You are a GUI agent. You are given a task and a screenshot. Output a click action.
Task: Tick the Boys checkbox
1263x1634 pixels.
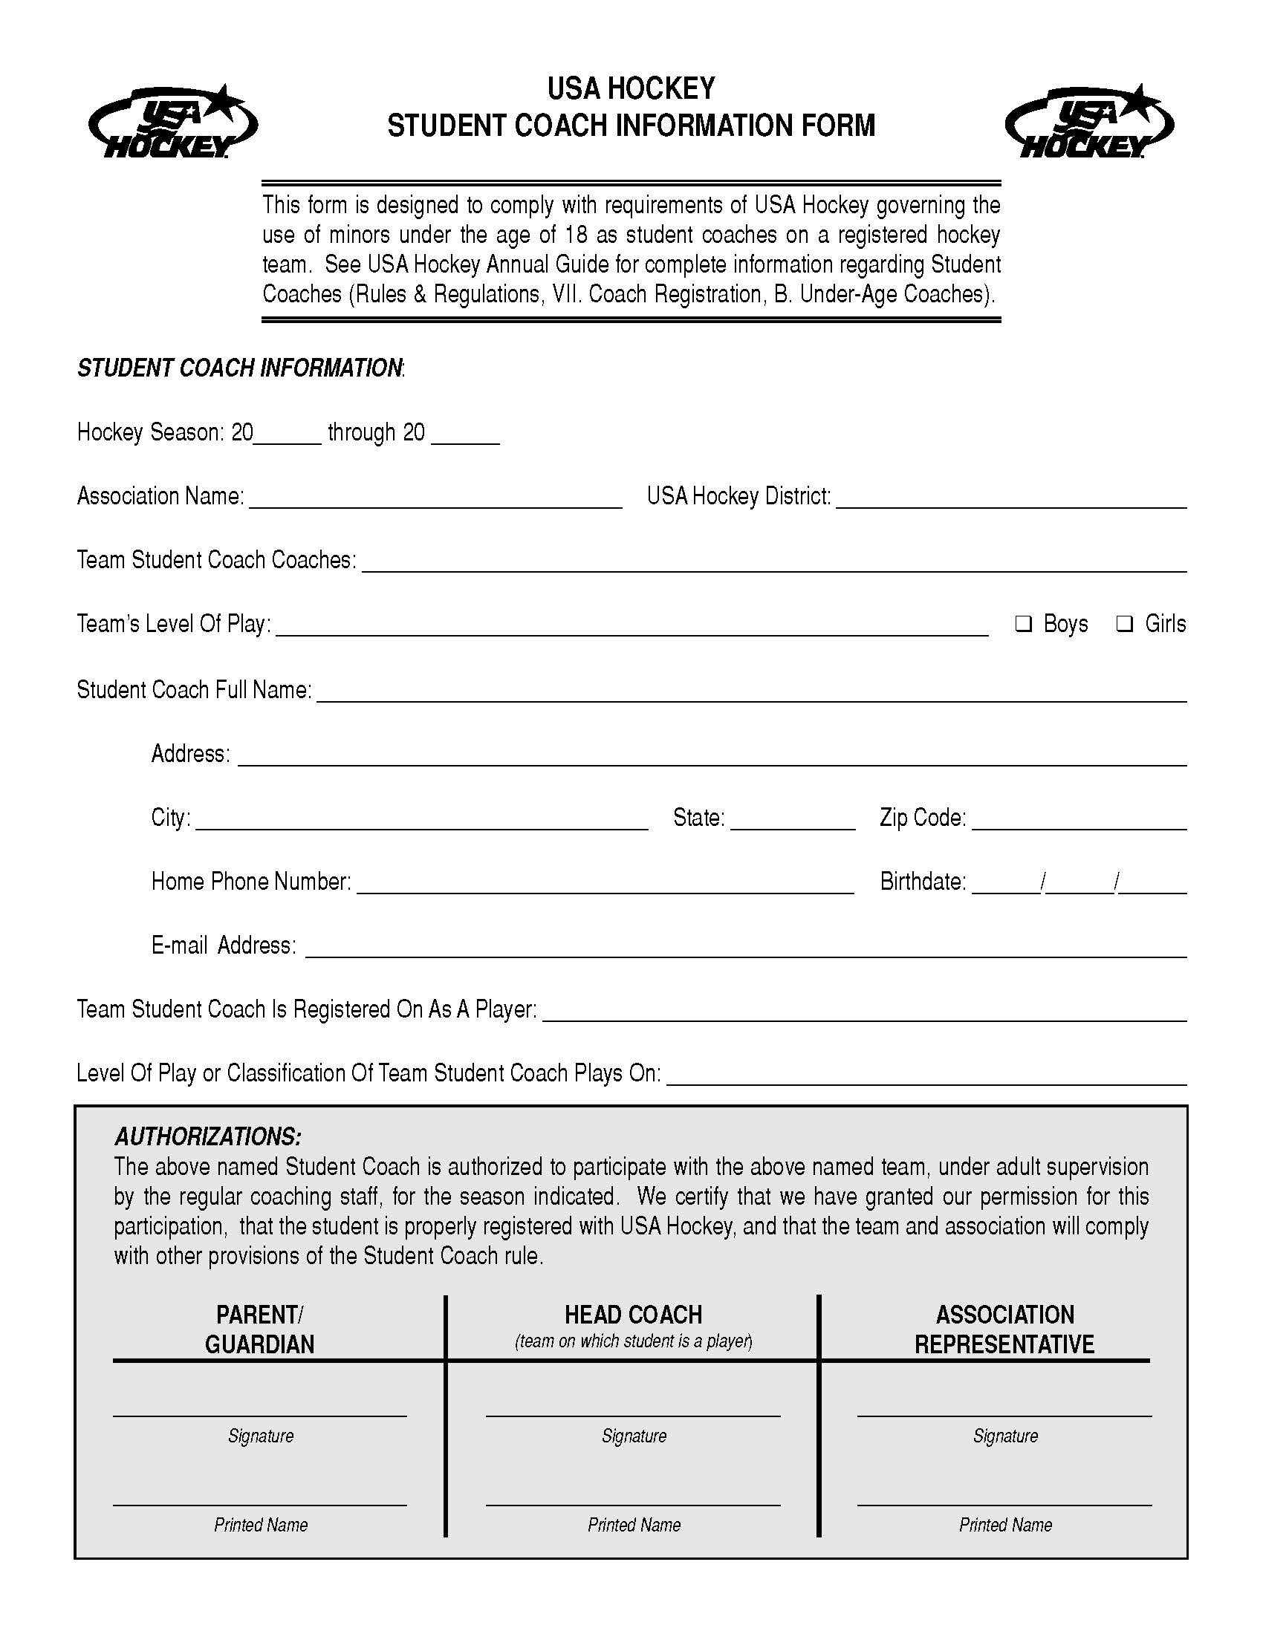(x=1023, y=623)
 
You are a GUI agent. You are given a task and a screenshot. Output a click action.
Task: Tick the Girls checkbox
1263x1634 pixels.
(x=1124, y=623)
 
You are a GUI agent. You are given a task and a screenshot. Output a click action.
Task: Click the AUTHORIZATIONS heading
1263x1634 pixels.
(x=208, y=1136)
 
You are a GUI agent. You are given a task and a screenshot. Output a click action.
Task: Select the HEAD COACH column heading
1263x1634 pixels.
(x=633, y=1315)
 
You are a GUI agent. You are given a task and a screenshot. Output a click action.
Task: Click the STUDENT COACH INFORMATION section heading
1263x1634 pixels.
(x=240, y=368)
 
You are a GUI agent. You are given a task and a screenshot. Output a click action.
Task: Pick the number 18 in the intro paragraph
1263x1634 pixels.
(x=576, y=235)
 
